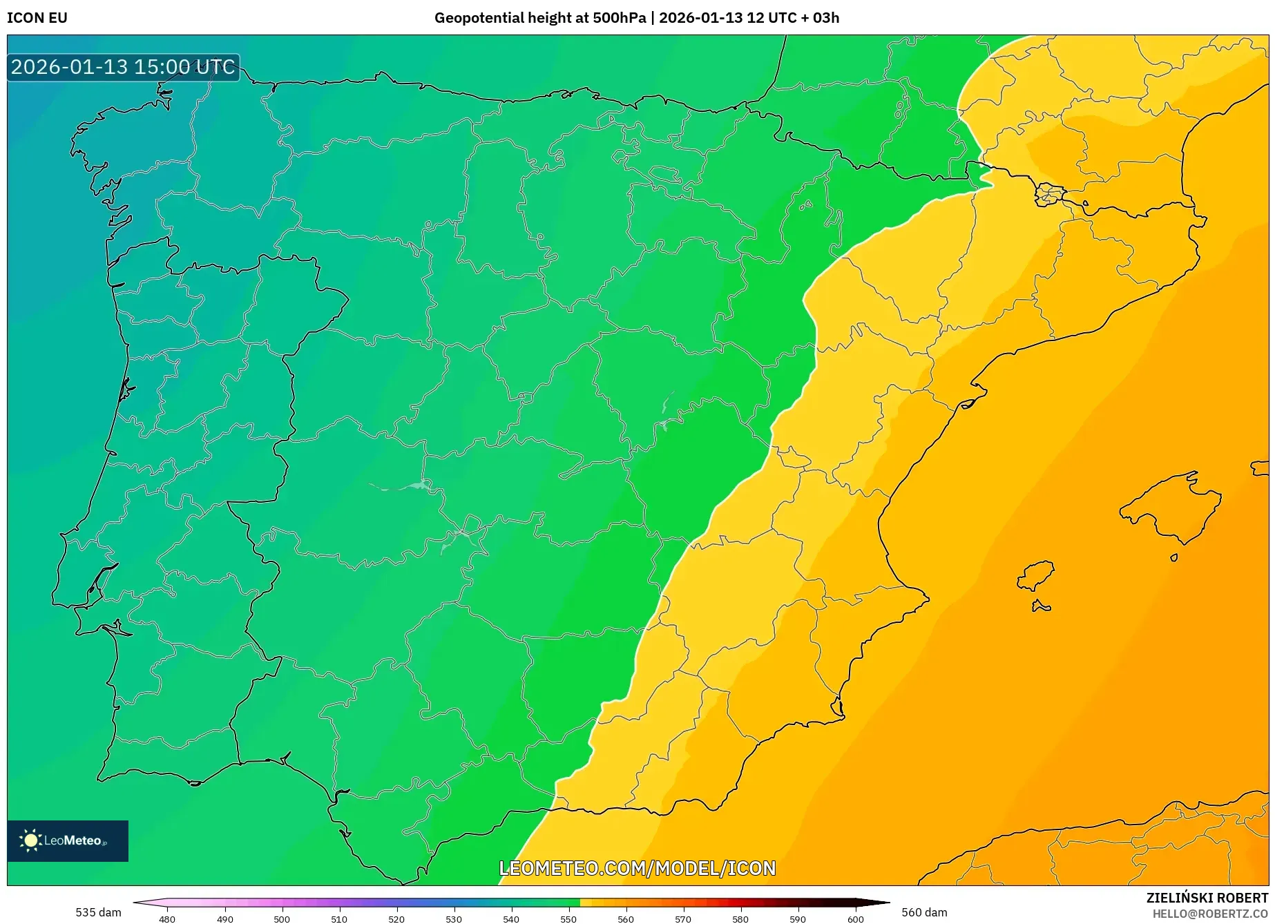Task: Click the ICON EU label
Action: pos(37,18)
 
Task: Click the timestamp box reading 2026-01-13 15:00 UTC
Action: pos(123,67)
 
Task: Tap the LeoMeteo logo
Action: pos(68,840)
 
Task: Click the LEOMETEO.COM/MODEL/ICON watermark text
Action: pos(637,868)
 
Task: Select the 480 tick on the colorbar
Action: pos(167,918)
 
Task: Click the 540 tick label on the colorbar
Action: pos(511,918)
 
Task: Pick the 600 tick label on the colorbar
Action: pos(855,918)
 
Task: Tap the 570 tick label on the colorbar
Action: pos(683,918)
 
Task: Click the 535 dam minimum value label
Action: pos(98,912)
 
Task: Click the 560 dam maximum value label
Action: pos(924,912)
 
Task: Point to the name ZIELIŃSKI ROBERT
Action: pos(1207,898)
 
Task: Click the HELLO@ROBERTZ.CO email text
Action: pos(1209,914)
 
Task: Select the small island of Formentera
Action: pos(1041,607)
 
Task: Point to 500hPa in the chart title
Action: pos(619,18)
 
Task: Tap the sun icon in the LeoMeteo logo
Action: pos(30,840)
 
